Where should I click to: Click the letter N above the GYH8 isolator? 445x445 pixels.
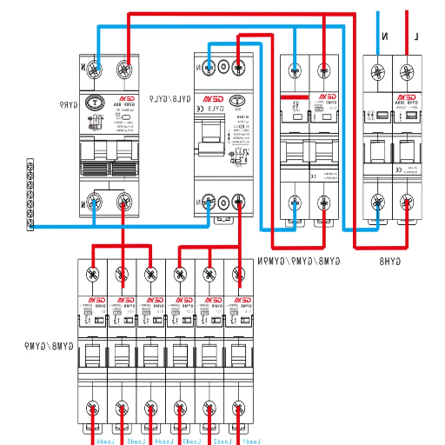point(384,37)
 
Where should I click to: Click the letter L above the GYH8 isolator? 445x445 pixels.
point(416,37)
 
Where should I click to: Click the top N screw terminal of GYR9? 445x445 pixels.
point(97,66)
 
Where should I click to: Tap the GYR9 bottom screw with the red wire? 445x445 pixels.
point(124,204)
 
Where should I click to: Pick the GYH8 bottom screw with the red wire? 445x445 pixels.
point(406,203)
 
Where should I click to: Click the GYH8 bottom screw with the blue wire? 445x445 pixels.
point(378,203)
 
